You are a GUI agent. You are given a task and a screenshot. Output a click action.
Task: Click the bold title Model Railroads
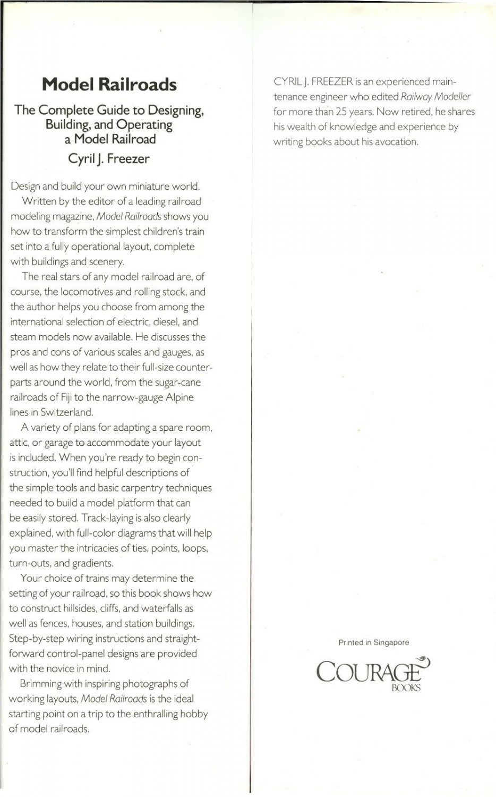(x=109, y=84)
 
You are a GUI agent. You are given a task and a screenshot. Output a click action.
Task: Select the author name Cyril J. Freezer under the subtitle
(x=109, y=158)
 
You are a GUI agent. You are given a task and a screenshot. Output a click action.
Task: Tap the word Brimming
(x=42, y=684)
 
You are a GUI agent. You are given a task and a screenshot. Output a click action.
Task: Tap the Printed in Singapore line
(x=373, y=642)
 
